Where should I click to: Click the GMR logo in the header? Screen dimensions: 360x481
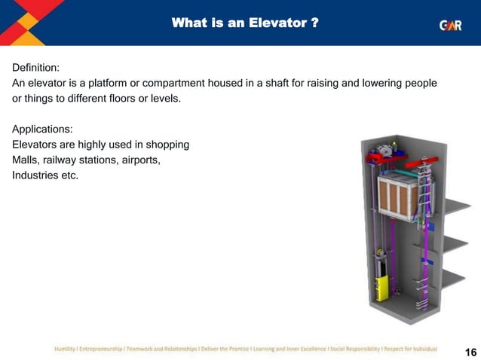pyautogui.click(x=450, y=24)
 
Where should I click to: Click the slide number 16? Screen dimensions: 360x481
pyautogui.click(x=470, y=352)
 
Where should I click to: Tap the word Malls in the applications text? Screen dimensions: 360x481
pyautogui.click(x=26, y=160)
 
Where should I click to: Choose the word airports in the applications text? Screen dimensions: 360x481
pyautogui.click(x=139, y=160)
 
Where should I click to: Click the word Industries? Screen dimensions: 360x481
pyautogui.click(x=36, y=175)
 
